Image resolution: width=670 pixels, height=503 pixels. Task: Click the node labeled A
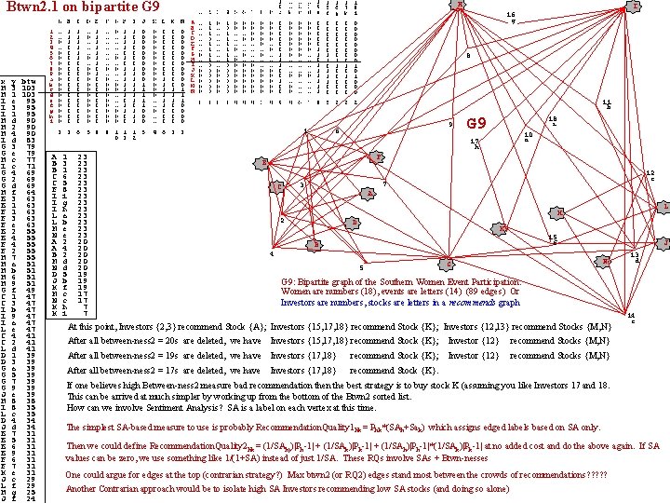(369, 194)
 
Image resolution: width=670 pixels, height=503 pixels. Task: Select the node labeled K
(449, 262)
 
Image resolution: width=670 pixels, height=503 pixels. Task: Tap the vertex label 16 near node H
(511, 16)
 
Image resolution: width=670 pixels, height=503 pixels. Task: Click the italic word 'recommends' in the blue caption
(472, 302)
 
